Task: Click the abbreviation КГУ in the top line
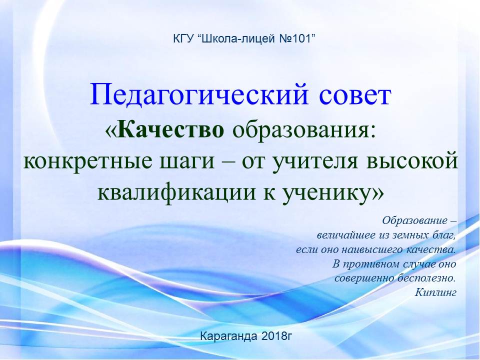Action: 183,39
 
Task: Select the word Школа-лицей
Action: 239,39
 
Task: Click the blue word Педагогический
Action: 199,94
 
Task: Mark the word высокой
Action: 411,160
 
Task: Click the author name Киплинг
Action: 435,292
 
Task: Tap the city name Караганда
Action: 228,336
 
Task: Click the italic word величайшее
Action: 341,235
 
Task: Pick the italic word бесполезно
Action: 425,278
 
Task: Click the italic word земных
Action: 404,235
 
